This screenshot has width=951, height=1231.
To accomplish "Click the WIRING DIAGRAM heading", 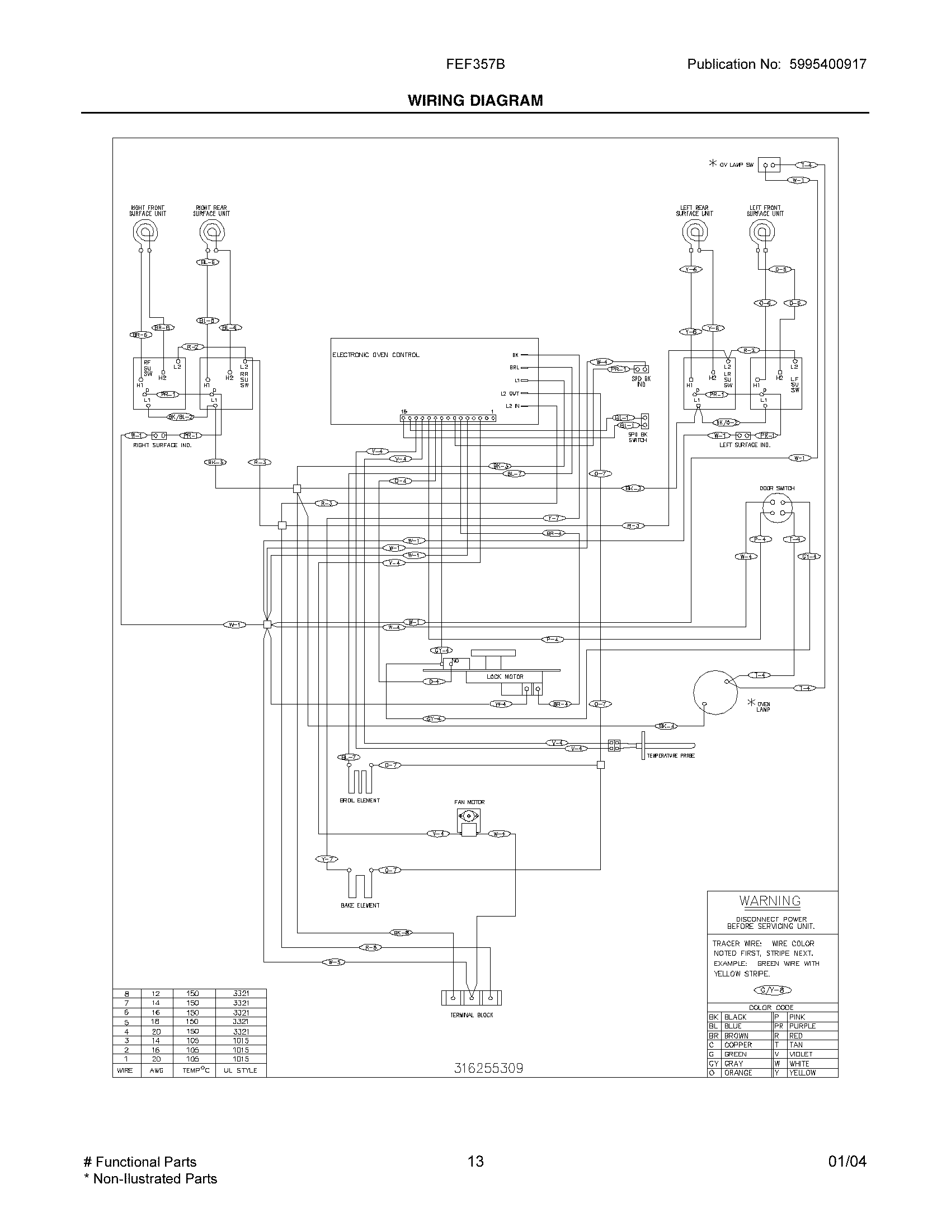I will point(475,100).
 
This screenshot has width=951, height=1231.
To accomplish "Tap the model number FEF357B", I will point(475,64).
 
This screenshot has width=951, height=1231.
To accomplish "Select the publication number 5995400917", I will point(827,64).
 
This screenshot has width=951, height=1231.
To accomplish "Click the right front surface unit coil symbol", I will point(145,231).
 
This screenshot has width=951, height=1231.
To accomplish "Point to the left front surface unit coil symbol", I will point(762,231).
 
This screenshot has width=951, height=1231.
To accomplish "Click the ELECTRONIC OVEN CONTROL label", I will point(376,355).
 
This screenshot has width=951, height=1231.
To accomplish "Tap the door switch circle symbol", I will point(777,507).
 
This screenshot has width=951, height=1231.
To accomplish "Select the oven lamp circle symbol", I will point(715,693).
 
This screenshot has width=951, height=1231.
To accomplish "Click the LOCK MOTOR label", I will point(505,676).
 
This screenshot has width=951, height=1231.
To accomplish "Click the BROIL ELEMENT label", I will point(360,800).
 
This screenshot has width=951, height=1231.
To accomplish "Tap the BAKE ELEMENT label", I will point(360,905).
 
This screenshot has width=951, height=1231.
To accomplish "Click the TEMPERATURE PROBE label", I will point(670,756).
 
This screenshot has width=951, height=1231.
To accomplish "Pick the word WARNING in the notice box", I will point(770,901).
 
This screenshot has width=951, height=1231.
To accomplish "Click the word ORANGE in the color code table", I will point(738,1073).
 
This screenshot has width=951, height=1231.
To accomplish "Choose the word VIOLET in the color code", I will point(801,1054).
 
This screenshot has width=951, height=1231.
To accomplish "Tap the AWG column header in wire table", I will point(156,1070).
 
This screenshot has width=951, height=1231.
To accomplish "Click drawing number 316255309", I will point(488,1068).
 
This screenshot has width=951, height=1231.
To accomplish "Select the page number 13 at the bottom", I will point(475,1161).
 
